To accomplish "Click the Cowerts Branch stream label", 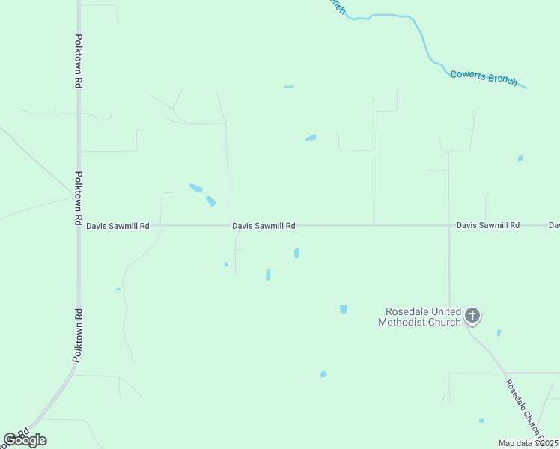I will [x=484, y=77].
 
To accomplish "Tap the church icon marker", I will [x=472, y=316].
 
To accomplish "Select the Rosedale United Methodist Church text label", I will [x=420, y=317].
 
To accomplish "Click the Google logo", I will [x=25, y=439].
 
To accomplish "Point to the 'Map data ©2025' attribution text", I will [x=528, y=443].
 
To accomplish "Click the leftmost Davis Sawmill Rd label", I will [x=118, y=225].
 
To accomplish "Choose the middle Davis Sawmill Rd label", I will [x=264, y=225].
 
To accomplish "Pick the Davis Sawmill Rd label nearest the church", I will [x=488, y=225].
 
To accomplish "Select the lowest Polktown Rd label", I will [x=78, y=335].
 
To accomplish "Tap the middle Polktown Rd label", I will [x=78, y=198].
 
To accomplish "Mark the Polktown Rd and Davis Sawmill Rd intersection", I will [x=79, y=225].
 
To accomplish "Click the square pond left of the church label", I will [x=343, y=308].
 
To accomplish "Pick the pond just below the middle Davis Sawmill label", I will [x=297, y=253].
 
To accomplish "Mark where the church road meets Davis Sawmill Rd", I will [x=449, y=225].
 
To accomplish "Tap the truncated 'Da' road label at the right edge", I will [x=554, y=225].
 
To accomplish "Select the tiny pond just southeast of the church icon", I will [x=499, y=332].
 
